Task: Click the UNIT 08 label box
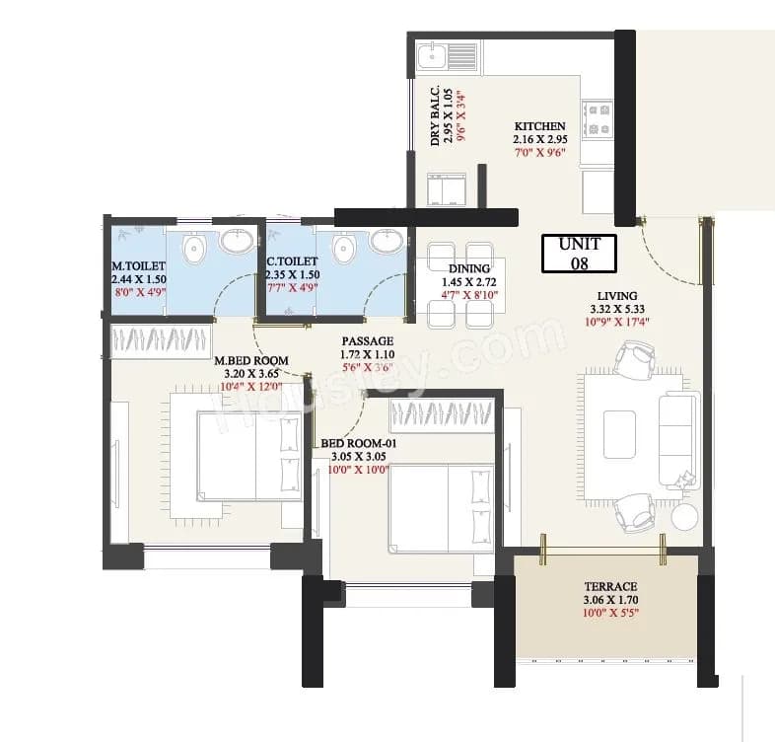click(x=579, y=253)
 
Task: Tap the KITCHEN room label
click(x=539, y=126)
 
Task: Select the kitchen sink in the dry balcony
click(x=433, y=55)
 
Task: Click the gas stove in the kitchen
click(x=598, y=118)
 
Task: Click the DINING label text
click(x=468, y=268)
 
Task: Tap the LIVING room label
click(x=616, y=295)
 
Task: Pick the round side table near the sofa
click(x=685, y=516)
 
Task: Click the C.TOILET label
click(x=291, y=261)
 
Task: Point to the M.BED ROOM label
click(x=251, y=361)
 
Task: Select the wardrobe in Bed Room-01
click(x=442, y=416)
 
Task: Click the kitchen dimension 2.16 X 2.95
click(x=539, y=140)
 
